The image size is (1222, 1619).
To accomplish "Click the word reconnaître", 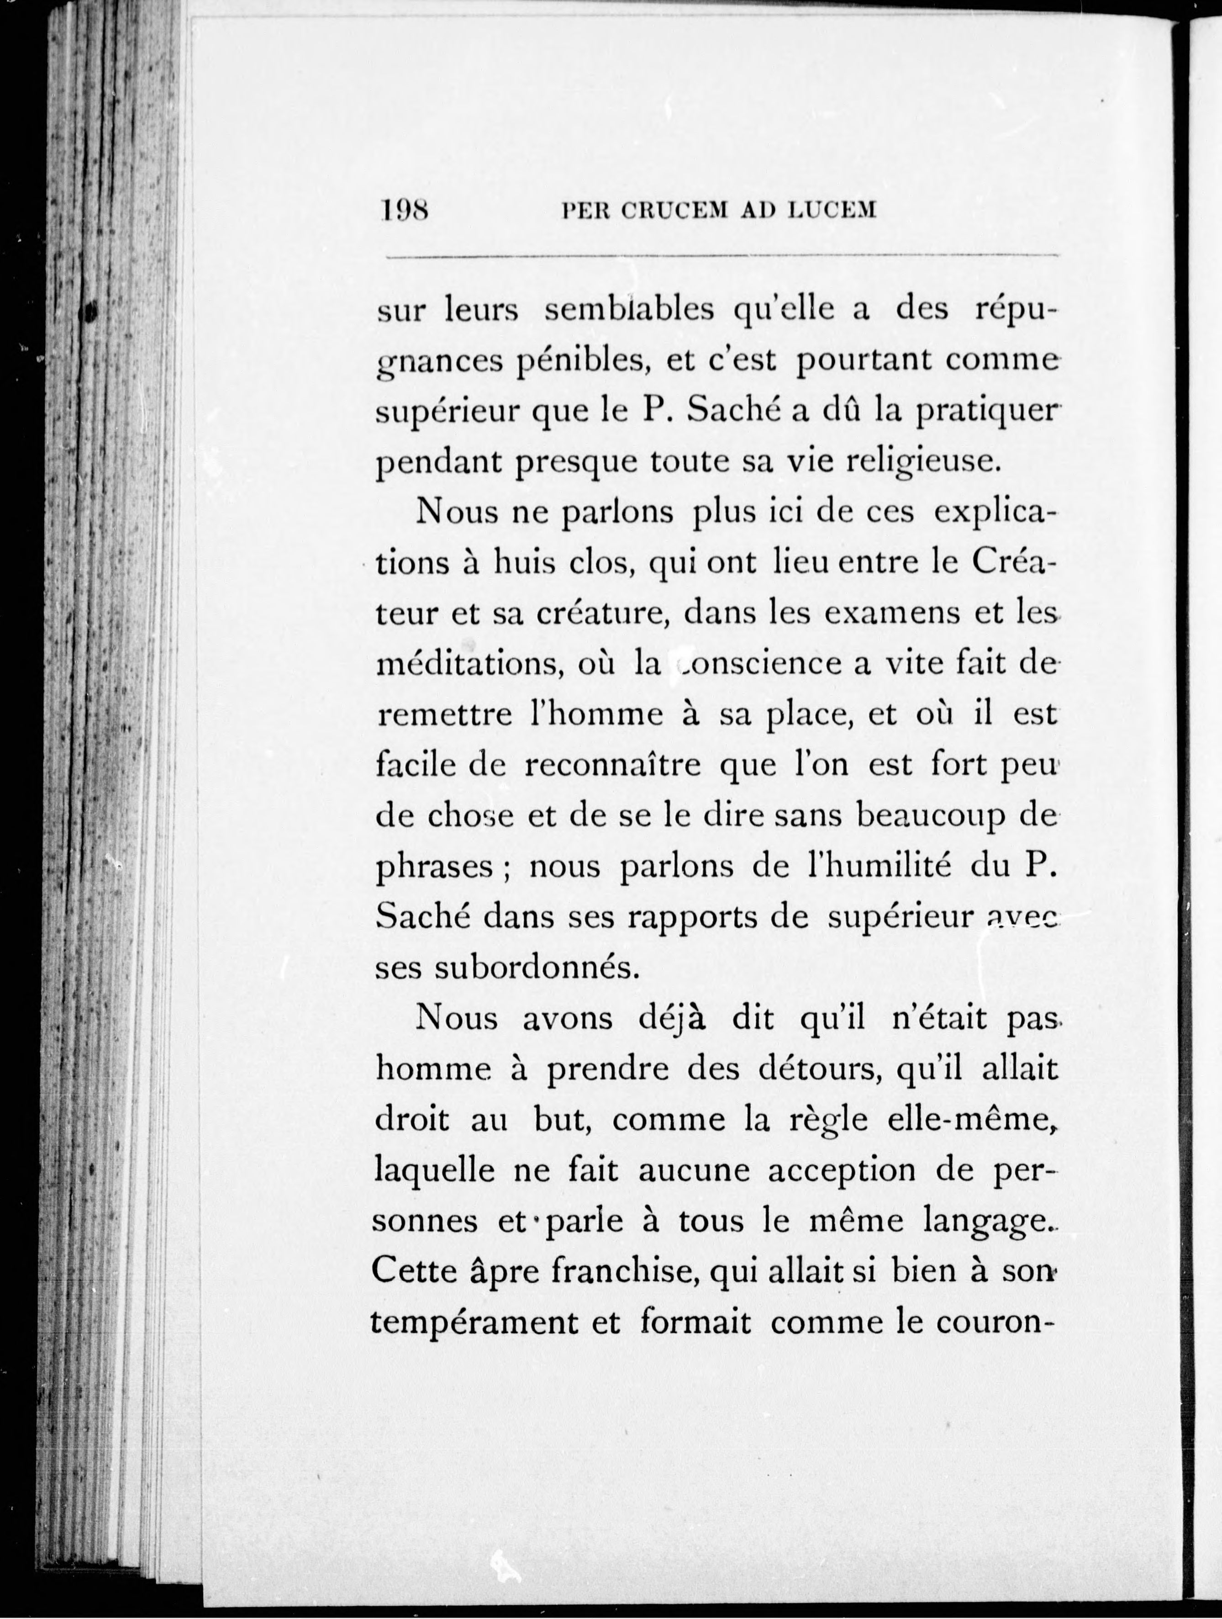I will (613, 765).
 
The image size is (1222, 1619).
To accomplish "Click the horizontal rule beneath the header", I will (722, 257).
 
